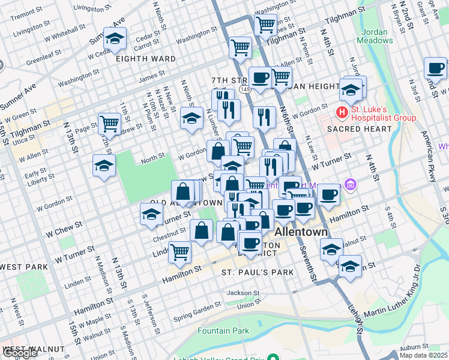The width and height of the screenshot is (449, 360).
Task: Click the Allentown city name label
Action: coord(302,232)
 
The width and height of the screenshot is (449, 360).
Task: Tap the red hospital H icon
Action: coord(342,112)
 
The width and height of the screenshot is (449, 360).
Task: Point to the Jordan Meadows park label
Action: coord(375,36)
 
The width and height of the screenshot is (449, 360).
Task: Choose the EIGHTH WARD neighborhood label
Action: coord(146,59)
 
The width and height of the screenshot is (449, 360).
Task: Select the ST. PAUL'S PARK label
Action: coord(258,272)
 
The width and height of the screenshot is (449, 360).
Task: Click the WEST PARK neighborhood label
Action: coord(23,266)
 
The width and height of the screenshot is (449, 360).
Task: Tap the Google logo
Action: coord(20,353)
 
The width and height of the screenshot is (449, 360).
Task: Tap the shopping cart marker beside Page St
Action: coord(109,123)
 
